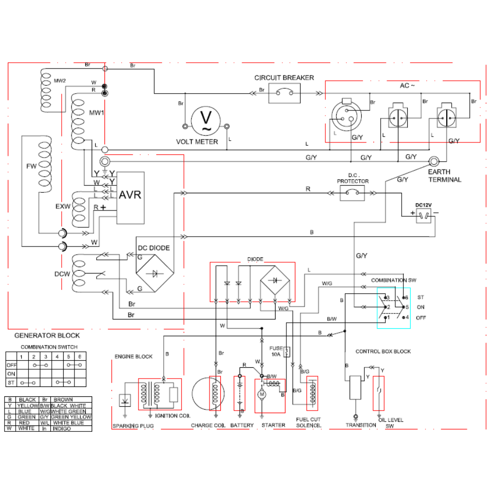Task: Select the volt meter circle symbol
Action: coord(205,121)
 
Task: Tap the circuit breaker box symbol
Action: coord(284,93)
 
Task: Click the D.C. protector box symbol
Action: coord(352,193)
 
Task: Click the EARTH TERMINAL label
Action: coord(444,176)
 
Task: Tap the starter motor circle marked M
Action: coord(262,394)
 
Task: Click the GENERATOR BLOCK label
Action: coord(47,336)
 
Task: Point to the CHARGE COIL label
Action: coord(209,425)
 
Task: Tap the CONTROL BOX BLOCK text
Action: coord(383,351)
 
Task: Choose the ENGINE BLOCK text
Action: coord(133,356)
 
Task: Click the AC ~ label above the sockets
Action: coord(407,85)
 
